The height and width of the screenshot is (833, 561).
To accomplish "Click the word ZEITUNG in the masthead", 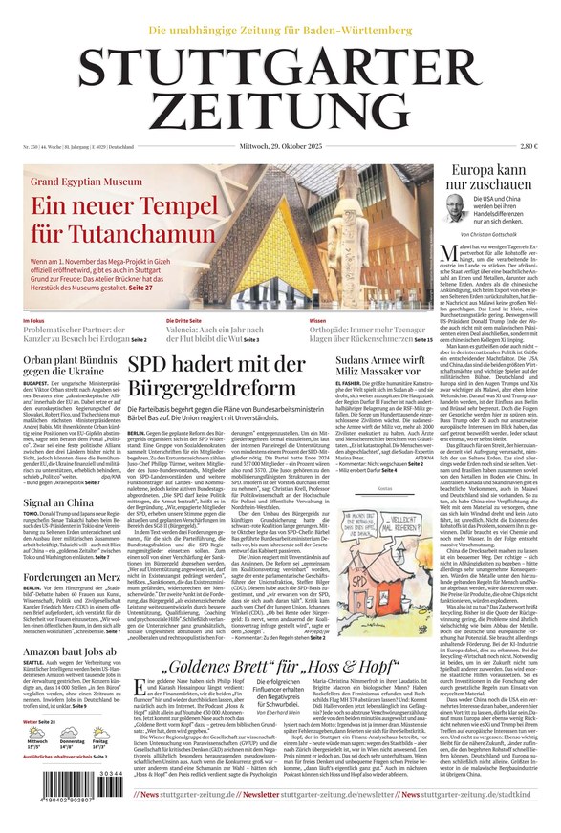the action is point(280,114).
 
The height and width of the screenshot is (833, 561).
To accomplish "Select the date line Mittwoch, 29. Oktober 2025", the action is point(280,146).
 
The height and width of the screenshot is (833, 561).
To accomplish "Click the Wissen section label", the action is point(317,321).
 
